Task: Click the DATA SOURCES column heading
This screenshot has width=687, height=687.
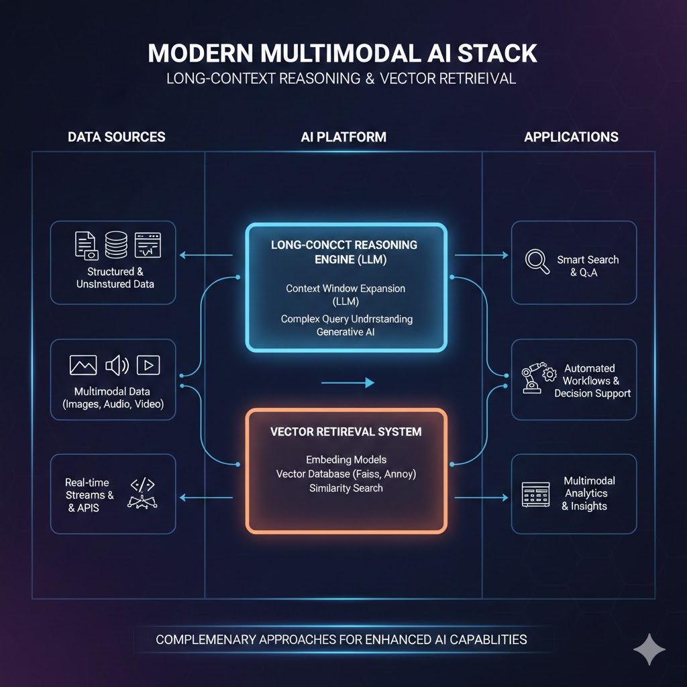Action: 116,137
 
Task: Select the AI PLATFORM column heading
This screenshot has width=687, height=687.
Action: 343,137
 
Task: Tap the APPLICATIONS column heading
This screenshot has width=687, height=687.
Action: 571,137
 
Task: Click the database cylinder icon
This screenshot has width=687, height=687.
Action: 117,245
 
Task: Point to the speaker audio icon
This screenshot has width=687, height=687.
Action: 117,365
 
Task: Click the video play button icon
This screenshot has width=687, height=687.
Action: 148,365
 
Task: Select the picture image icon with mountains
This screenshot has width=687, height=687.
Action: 83,365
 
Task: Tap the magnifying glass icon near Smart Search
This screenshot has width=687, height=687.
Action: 537,261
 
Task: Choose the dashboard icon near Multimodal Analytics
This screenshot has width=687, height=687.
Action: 535,494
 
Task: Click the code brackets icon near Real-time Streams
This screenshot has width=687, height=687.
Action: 142,484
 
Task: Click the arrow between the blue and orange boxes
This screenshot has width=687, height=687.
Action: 348,383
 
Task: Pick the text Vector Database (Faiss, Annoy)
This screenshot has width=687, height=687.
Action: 346,474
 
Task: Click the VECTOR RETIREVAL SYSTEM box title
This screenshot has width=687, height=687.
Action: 346,431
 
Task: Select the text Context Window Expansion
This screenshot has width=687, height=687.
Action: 346,288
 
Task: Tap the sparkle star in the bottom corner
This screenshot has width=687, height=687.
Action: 649,649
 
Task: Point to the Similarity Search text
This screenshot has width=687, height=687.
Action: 346,488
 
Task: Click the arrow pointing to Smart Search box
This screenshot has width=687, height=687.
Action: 482,255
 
